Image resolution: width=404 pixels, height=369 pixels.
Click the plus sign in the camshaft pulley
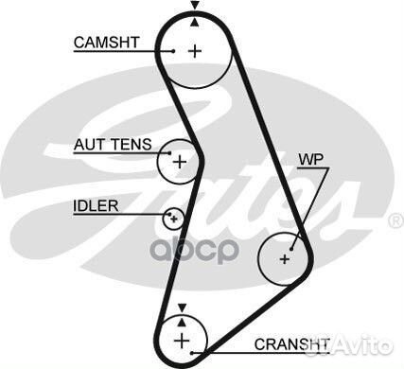[x=195, y=50]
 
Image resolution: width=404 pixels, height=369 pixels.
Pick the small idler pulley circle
[x=172, y=219]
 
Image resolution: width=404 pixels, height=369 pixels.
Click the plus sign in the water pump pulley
[x=286, y=256]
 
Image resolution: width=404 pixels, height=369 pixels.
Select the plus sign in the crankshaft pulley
[x=179, y=337]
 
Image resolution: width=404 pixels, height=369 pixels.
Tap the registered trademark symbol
[x=395, y=221]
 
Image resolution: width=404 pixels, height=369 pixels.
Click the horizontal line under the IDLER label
[x=104, y=216]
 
